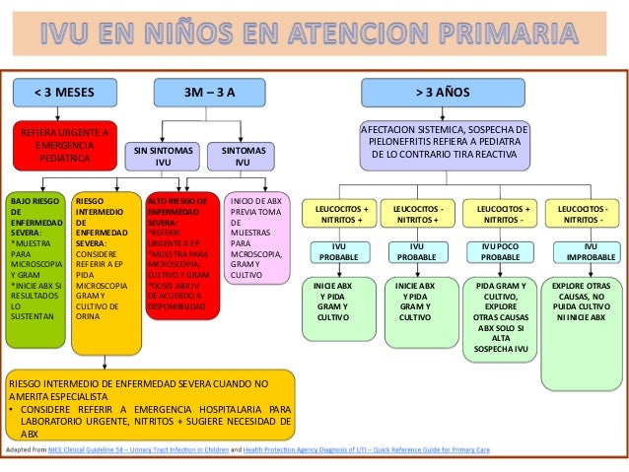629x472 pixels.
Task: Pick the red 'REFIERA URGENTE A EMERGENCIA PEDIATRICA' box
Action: pos(64,144)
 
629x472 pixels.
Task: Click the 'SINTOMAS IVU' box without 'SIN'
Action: pos(243,156)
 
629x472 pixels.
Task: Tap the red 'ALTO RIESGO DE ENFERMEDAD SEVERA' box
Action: pos(182,256)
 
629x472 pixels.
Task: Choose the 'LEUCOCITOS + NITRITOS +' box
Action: pos(340,216)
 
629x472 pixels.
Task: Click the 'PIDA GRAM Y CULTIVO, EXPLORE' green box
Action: pos(500,315)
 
